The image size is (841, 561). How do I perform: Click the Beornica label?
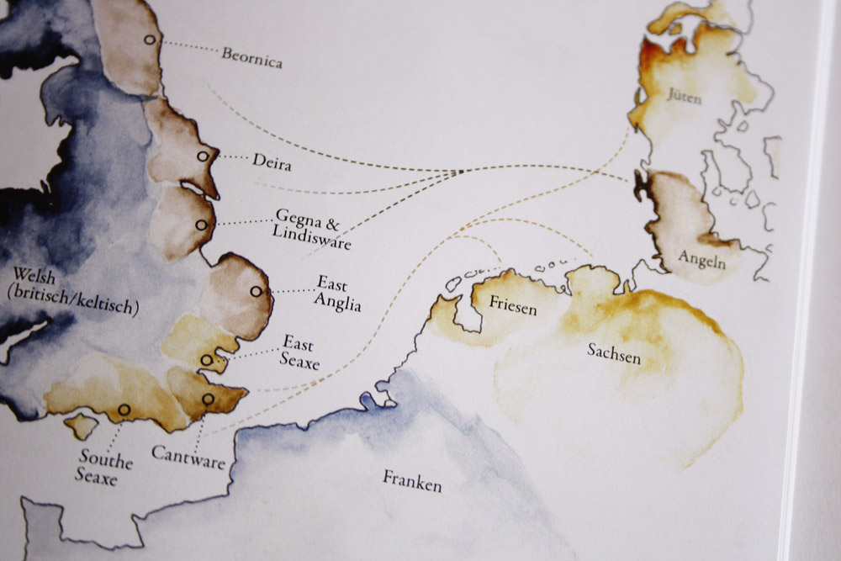[251, 58]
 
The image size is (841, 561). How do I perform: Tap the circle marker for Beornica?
[150, 40]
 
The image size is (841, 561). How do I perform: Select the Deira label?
[272, 161]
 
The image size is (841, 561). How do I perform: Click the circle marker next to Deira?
[202, 156]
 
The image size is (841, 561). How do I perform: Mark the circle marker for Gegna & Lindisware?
[201, 225]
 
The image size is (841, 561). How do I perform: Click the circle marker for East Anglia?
[256, 292]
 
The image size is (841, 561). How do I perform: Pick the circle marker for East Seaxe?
[207, 360]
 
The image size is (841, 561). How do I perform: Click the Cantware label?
[188, 455]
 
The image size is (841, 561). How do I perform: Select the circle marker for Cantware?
[208, 399]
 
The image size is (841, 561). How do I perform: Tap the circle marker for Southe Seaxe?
[124, 410]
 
